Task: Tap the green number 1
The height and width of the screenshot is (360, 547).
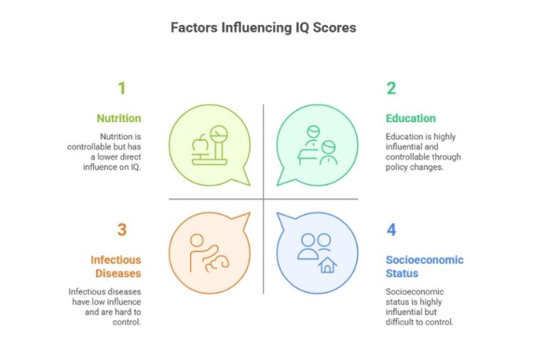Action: coord(122,88)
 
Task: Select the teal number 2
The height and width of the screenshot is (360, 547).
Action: coord(391,88)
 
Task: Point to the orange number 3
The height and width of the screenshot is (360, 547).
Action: coord(122,230)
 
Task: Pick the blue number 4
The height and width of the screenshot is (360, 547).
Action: coord(391,230)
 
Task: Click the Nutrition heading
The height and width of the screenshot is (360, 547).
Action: coord(119,118)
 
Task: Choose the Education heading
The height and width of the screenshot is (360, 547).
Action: coord(410,118)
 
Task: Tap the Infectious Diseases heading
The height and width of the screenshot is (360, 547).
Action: coord(115,267)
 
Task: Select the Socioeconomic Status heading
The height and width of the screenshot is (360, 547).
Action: coord(424,267)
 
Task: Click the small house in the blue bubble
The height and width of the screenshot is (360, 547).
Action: coord(328,266)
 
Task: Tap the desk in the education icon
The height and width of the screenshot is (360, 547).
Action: coord(308,153)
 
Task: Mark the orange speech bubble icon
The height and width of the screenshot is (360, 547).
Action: coord(209,253)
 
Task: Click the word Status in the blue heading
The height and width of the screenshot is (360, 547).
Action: coord(402,274)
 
